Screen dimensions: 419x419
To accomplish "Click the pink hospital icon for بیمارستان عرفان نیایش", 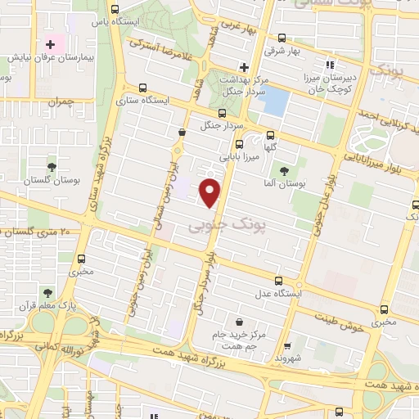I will (x=51, y=43).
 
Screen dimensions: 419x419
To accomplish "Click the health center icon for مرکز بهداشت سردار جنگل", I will (x=243, y=67).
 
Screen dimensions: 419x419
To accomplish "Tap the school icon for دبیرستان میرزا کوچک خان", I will (x=331, y=64).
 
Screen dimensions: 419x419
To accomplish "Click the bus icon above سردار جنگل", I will (x=222, y=115).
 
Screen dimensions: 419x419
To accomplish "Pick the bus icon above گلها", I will (x=270, y=137).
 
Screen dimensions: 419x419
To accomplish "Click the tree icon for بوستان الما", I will (x=284, y=171).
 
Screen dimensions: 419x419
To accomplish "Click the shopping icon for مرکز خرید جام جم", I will (x=237, y=322).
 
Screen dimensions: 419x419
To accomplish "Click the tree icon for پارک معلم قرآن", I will (x=48, y=292).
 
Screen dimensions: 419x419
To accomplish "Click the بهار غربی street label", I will (x=243, y=25).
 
